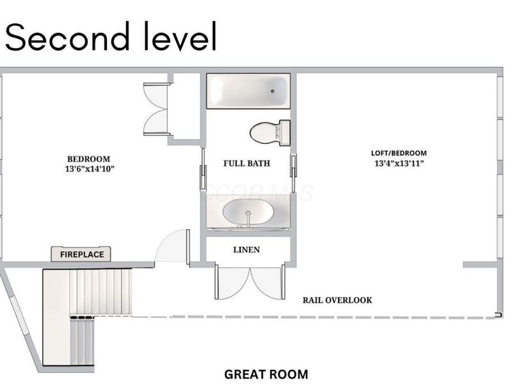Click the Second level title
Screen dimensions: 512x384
tap(111, 36)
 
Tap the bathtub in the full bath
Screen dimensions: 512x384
tap(248, 91)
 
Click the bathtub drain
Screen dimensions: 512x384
tap(273, 91)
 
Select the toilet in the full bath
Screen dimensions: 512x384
tap(270, 132)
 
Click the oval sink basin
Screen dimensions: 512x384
tap(248, 212)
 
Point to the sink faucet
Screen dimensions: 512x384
tap(248, 218)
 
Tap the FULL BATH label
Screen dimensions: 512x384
tap(246, 163)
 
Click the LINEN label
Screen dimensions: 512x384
tap(246, 250)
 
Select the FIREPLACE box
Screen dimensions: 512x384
tap(81, 254)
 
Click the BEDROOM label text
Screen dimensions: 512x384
tap(88, 159)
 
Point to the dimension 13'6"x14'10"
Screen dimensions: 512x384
tap(90, 169)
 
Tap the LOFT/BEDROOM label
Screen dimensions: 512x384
tap(399, 153)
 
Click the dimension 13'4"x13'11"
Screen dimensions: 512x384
tap(399, 163)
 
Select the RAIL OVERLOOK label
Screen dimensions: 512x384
tap(337, 300)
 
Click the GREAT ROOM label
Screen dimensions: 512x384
tap(266, 374)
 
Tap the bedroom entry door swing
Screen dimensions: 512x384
tap(172, 246)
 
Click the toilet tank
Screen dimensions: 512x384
tap(285, 132)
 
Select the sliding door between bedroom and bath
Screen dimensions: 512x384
tap(203, 169)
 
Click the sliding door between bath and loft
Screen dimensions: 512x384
tap(294, 170)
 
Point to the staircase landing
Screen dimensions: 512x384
tap(56, 317)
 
